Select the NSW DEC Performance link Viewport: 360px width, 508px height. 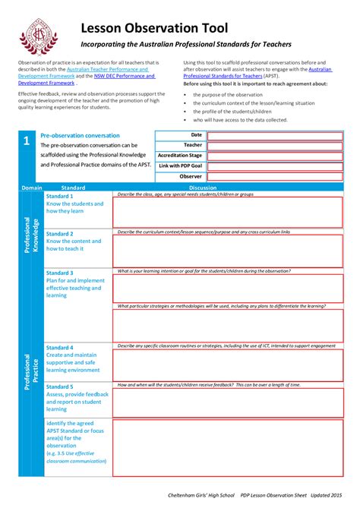point(125,76)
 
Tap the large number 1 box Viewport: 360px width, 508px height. point(27,142)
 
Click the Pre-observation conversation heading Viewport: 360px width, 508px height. point(80,135)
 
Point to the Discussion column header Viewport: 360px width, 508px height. point(203,188)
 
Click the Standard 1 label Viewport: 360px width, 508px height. point(60,196)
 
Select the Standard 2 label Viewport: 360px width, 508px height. point(60,234)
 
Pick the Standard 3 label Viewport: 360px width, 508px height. point(60,273)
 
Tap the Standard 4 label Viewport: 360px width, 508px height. point(60,347)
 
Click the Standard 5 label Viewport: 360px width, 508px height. point(60,387)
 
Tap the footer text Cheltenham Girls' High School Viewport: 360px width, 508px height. point(204,494)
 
